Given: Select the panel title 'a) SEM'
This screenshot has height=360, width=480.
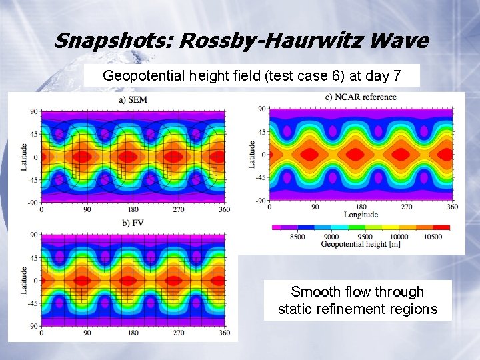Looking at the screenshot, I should coord(133,100).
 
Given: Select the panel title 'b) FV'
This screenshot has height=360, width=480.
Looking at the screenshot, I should coord(133,222).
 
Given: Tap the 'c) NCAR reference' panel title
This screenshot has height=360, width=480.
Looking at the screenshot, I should coord(361,97).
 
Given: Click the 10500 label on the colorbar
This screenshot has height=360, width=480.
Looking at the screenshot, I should coord(433,237).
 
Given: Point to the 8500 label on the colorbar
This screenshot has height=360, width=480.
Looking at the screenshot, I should coord(297,237).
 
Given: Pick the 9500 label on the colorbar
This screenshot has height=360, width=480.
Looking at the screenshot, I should coord(365,237).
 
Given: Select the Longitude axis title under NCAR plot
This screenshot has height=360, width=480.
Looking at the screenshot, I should coord(361,215).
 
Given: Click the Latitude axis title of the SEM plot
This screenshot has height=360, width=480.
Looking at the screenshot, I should coord(25,156).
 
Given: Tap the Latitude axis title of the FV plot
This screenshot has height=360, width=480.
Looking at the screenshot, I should coord(25,280).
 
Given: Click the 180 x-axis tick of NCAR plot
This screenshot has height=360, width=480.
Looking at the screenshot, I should coord(361,207).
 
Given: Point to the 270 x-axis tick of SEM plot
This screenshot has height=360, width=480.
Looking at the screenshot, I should coord(179,210).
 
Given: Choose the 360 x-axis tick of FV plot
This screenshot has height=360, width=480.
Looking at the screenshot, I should coord(225,332).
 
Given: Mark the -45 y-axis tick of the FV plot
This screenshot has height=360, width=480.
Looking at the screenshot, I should coord(33,303).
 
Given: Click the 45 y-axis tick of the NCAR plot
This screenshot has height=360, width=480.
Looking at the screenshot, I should coord(262,132).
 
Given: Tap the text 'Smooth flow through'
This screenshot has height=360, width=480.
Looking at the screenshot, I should coord(357,292).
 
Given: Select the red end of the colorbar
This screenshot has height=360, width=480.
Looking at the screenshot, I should coord(442,227).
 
